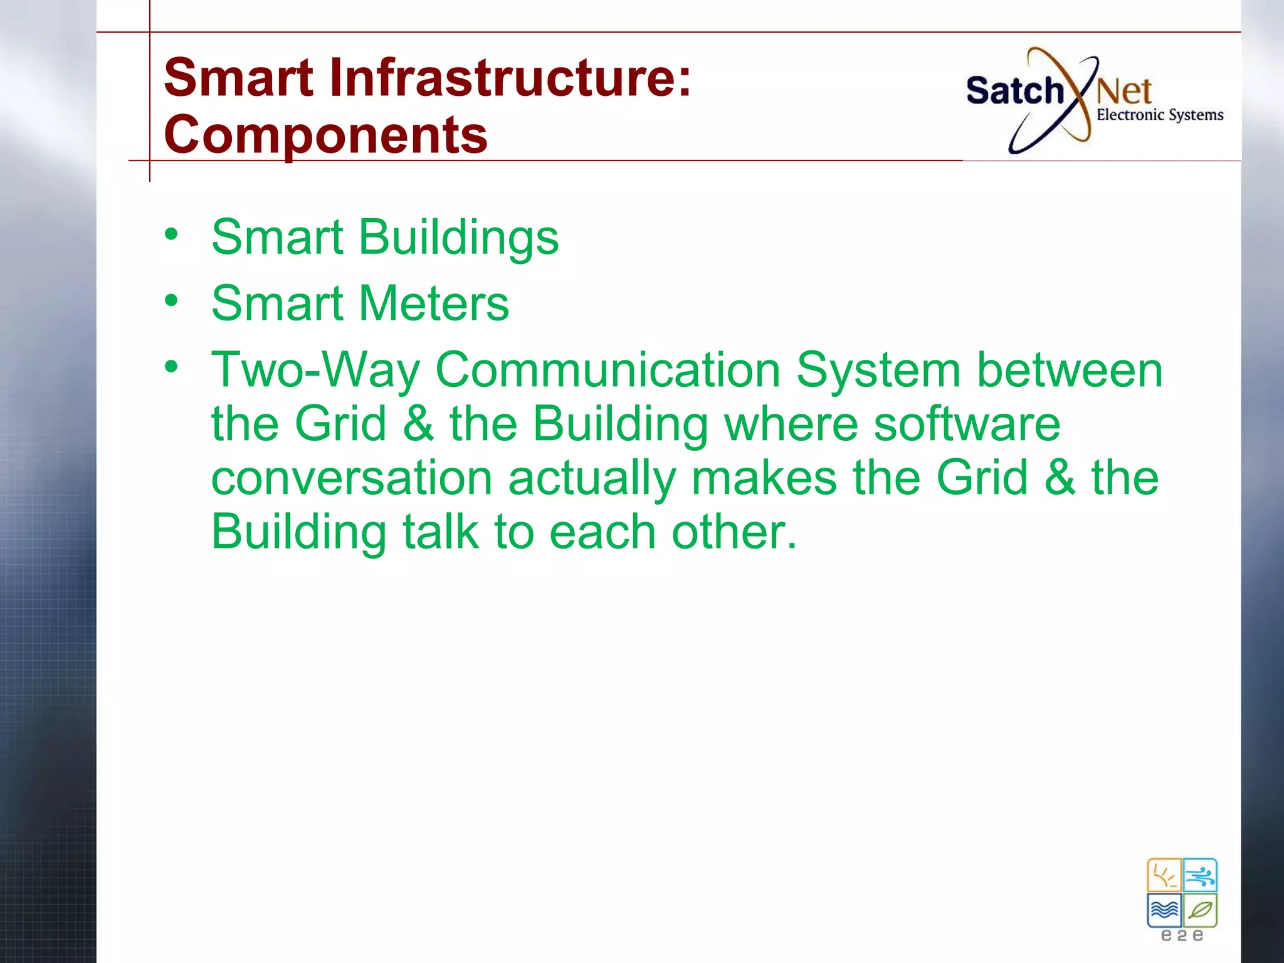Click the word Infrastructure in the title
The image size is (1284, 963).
(510, 78)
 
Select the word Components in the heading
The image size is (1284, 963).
(325, 135)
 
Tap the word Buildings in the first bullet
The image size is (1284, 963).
(458, 238)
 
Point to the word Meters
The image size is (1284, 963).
(433, 303)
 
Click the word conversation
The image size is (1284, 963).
(351, 478)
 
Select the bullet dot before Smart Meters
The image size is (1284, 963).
(171, 300)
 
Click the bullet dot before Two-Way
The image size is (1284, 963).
(171, 367)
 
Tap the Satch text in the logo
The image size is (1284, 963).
(1014, 92)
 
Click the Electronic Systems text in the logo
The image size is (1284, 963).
(1159, 115)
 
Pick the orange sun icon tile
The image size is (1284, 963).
(1164, 875)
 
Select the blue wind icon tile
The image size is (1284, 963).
(1200, 875)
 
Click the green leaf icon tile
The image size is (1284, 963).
(1200, 910)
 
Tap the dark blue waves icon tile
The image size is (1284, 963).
(1164, 910)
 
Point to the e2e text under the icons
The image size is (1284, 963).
(1182, 936)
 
